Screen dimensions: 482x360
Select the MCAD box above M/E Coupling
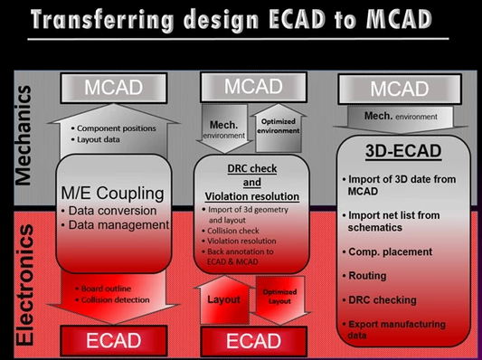tap(114, 88)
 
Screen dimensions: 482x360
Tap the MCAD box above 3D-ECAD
tap(400, 90)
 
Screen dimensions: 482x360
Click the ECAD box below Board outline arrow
tap(114, 341)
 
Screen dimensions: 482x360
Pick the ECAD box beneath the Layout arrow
tap(253, 341)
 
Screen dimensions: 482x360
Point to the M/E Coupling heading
tap(112, 194)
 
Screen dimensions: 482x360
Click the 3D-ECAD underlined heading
tap(403, 151)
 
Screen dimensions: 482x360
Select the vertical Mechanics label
tap(24, 136)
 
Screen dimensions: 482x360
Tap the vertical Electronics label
tap(24, 285)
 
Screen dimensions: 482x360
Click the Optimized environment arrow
tap(279, 128)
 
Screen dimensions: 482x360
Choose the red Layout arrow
tap(224, 299)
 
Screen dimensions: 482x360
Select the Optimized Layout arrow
tap(279, 299)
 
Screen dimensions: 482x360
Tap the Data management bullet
tap(115, 225)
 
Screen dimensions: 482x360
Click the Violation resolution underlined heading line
tap(252, 196)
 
